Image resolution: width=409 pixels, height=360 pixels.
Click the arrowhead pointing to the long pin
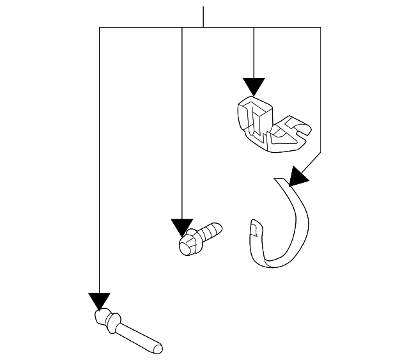(x=100, y=301)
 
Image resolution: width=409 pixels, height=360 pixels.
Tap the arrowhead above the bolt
(x=182, y=227)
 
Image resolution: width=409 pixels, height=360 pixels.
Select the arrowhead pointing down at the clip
(x=254, y=86)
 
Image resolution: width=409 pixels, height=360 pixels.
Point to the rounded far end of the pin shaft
(x=158, y=348)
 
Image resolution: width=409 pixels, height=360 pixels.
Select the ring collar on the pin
(x=113, y=320)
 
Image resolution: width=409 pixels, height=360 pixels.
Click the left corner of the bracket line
(x=100, y=27)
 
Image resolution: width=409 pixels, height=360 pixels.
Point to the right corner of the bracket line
(x=320, y=27)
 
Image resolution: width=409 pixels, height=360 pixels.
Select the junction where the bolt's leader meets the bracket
(x=182, y=27)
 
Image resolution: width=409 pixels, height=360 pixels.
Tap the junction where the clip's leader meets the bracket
(x=254, y=27)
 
